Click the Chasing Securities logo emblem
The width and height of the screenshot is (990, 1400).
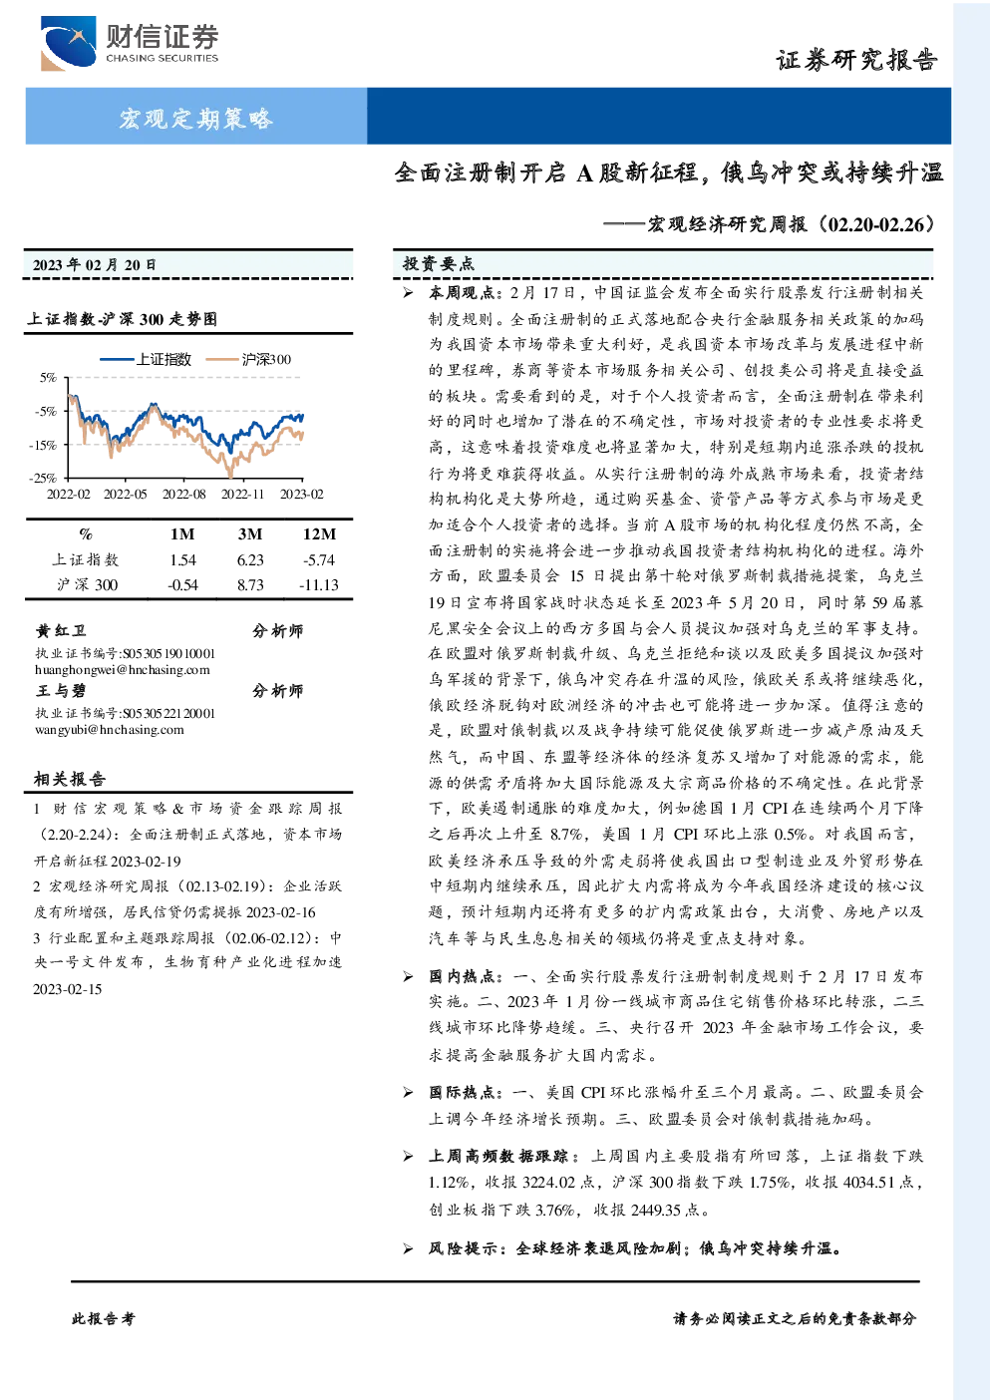click(x=68, y=43)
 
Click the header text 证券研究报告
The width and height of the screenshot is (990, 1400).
click(x=856, y=60)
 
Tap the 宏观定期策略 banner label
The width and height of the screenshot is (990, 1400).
click(x=196, y=118)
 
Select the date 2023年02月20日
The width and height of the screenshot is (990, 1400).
click(x=95, y=265)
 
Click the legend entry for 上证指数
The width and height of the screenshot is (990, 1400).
click(x=146, y=359)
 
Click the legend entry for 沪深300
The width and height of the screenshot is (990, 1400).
click(x=249, y=359)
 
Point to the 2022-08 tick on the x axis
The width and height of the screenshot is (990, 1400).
click(x=183, y=494)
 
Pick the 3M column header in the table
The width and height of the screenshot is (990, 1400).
click(x=250, y=533)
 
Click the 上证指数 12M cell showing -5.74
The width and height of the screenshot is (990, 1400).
click(x=319, y=559)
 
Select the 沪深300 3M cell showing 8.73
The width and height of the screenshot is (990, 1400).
click(x=250, y=585)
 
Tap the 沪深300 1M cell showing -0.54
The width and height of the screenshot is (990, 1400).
click(x=182, y=585)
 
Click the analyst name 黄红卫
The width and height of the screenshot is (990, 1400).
click(x=61, y=630)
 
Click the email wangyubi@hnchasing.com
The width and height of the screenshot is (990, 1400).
click(x=110, y=729)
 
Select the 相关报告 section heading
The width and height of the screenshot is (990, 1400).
click(x=70, y=779)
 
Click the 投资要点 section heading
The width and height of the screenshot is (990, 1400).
click(x=438, y=264)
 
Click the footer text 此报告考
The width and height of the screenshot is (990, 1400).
click(x=103, y=1319)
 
